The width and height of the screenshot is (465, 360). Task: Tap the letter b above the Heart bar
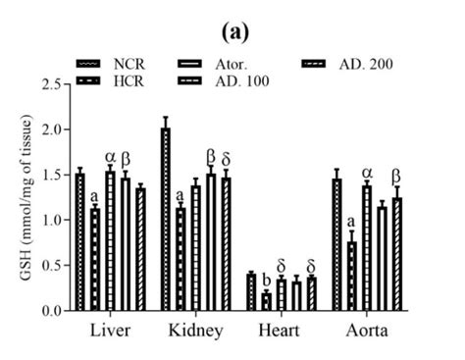[x=267, y=280]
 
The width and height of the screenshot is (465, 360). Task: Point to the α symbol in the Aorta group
[x=367, y=173]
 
